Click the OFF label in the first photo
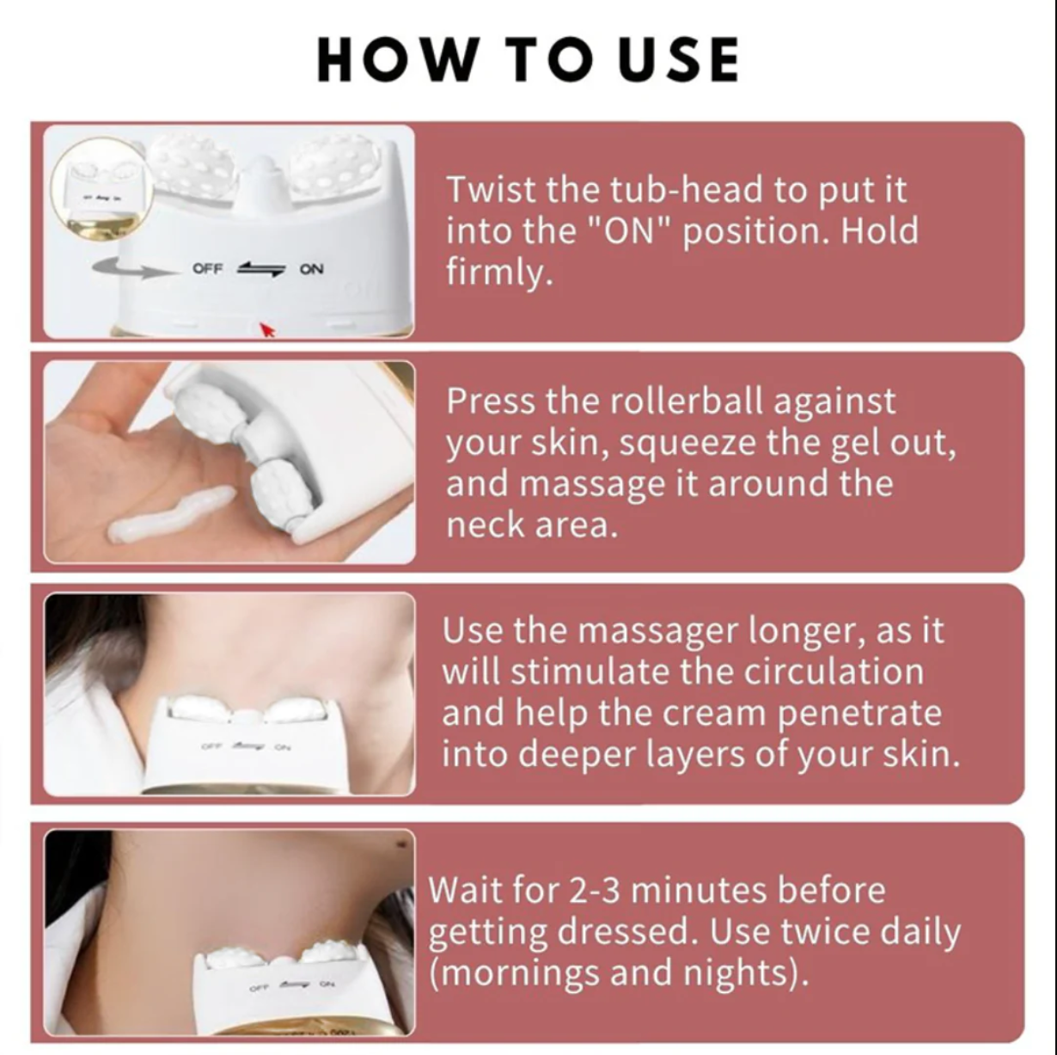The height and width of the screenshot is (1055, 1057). point(208,269)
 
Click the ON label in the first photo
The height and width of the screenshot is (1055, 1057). point(311,269)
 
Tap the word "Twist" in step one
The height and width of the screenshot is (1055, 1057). point(491,190)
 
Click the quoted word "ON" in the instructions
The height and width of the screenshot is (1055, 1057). point(632,231)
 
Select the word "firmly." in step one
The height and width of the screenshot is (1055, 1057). point(497,273)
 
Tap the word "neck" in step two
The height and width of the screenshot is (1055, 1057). point(483,524)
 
